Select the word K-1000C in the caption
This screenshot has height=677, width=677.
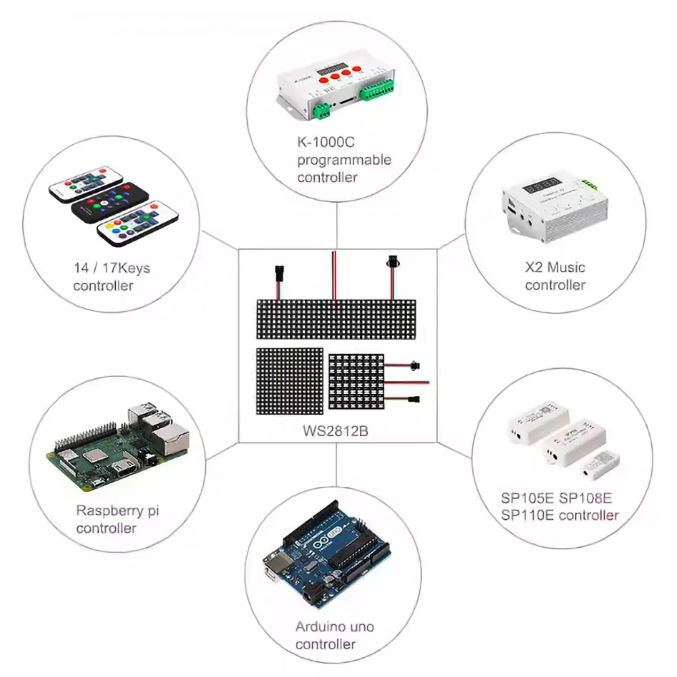(x=326, y=143)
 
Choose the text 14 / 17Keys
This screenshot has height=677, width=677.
(x=112, y=268)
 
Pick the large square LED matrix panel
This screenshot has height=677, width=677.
(x=288, y=380)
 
